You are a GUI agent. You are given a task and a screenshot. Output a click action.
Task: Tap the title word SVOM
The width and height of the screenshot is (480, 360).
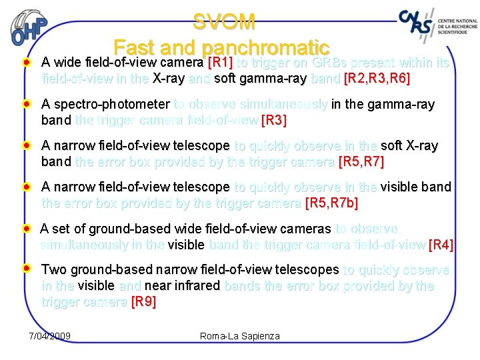(x=224, y=23)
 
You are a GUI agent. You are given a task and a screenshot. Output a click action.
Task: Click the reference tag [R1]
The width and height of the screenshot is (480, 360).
(x=220, y=63)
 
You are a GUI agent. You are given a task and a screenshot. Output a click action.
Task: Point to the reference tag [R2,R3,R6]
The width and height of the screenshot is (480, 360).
(x=377, y=79)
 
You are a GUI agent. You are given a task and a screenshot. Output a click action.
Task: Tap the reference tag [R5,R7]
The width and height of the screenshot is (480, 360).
(x=361, y=162)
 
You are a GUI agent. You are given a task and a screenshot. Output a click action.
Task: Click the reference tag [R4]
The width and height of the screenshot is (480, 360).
(x=441, y=245)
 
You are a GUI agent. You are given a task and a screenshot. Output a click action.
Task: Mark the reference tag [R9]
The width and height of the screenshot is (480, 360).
(x=143, y=301)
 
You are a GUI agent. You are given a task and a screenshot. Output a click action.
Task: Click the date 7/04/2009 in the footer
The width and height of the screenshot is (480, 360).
(x=50, y=335)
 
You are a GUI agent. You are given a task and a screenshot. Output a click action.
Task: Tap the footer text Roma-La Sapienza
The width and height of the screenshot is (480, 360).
(x=240, y=336)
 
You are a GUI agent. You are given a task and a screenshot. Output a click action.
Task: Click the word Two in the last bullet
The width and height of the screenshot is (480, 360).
(x=52, y=270)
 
